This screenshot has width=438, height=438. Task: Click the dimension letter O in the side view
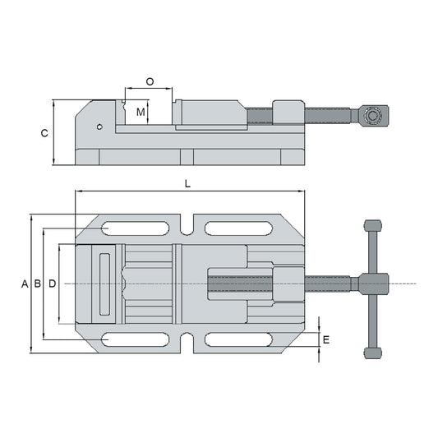point(150,81)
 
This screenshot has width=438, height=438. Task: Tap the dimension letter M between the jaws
point(141,111)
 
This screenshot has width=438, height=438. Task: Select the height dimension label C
point(44,132)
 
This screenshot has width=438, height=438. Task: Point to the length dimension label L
point(188,185)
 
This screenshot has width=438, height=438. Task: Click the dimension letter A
point(25,284)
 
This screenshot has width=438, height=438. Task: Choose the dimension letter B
point(38,284)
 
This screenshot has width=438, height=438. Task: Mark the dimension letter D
point(52,284)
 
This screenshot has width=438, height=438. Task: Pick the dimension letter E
point(326,339)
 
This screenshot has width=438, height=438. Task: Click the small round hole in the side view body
point(99,127)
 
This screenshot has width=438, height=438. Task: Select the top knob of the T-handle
point(372,228)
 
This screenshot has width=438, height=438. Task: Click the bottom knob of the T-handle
point(372,353)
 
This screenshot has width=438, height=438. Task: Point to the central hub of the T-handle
point(372,284)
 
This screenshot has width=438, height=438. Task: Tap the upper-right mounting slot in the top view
point(239,228)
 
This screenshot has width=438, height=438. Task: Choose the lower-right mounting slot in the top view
point(239,339)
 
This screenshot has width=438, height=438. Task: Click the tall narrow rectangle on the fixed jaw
point(104,284)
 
